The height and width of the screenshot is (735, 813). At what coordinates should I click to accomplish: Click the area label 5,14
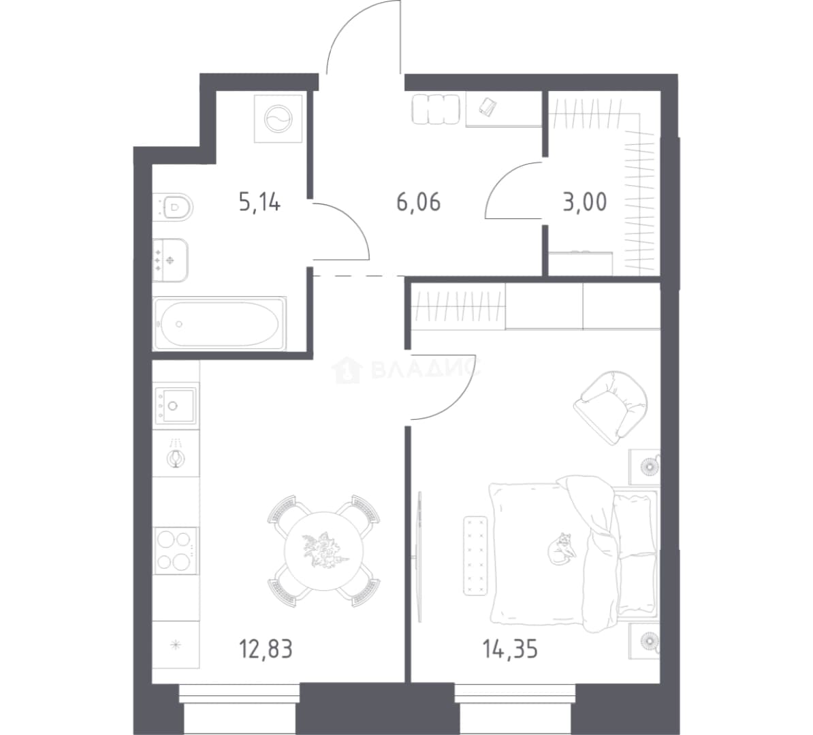click(x=260, y=201)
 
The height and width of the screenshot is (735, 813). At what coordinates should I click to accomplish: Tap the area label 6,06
click(x=419, y=201)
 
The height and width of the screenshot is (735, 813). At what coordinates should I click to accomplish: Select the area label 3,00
click(x=585, y=201)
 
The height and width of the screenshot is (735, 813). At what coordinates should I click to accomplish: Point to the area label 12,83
click(x=266, y=649)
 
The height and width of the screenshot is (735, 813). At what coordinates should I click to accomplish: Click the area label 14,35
click(x=510, y=649)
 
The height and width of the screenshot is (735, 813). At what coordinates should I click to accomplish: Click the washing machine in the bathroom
click(x=278, y=119)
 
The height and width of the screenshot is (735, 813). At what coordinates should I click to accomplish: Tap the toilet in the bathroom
click(x=173, y=208)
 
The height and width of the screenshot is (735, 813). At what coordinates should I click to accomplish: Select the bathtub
click(x=220, y=323)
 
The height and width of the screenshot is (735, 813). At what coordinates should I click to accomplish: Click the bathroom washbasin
click(x=170, y=260)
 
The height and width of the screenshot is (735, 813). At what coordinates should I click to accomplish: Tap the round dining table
click(x=324, y=551)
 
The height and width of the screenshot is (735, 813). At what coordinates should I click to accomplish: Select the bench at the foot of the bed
click(x=475, y=555)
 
